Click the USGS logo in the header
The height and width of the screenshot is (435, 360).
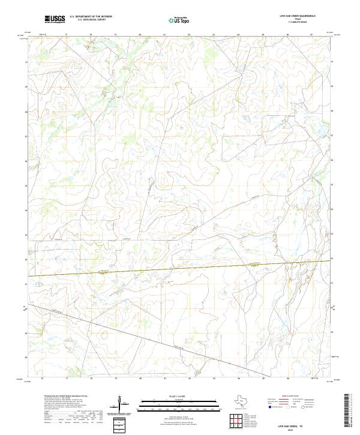pos(55,19)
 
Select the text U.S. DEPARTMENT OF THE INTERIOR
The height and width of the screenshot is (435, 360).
pos(91,16)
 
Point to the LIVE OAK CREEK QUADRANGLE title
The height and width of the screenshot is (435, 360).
pos(297,16)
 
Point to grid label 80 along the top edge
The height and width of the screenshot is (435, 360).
pos(140,35)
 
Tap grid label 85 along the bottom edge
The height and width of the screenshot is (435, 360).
pos(263,379)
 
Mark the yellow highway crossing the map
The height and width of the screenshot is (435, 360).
pos(180,268)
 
